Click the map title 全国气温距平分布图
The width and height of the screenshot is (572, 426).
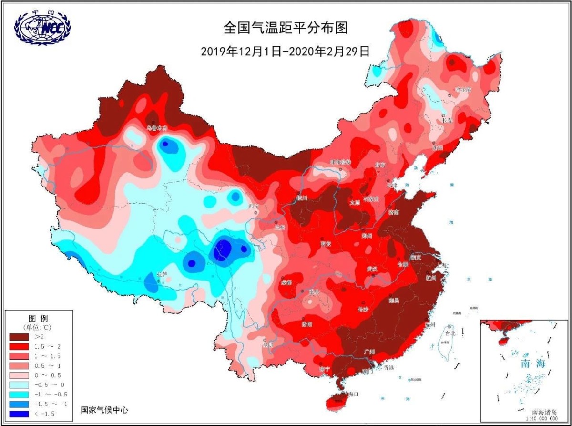[x=286, y=28]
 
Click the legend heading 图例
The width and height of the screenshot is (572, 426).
[x=38, y=318]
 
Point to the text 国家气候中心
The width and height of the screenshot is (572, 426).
[x=104, y=409]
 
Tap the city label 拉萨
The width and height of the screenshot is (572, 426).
[x=162, y=274]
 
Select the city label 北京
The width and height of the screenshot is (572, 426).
[x=380, y=165]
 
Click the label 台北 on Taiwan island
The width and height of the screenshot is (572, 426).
[x=450, y=332]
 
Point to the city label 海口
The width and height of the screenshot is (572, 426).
[x=353, y=394]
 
